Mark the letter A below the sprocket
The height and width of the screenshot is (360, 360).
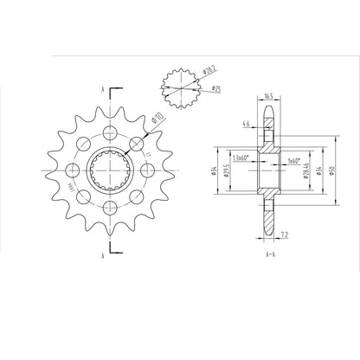(x=103, y=257)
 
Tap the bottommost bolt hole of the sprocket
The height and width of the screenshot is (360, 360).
(x=109, y=208)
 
